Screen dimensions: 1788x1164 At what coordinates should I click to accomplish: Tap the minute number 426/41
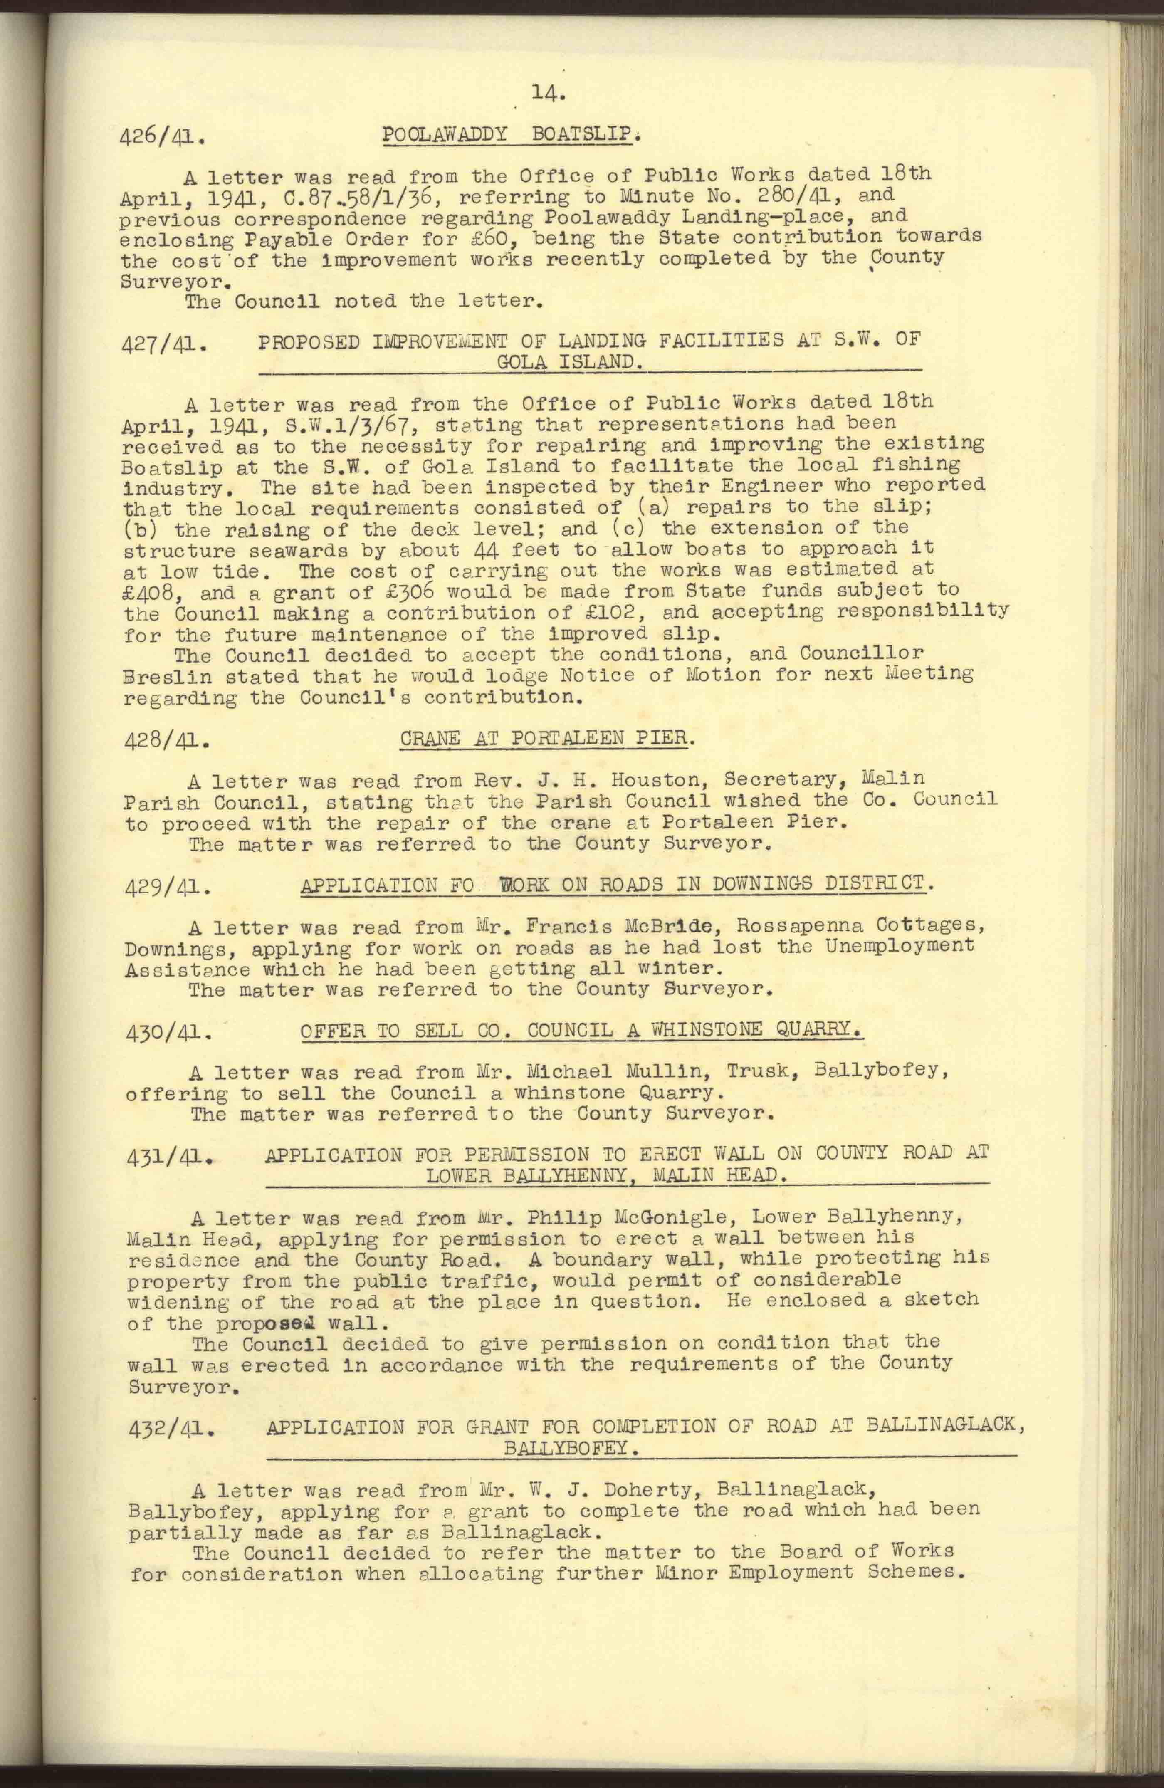(163, 138)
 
